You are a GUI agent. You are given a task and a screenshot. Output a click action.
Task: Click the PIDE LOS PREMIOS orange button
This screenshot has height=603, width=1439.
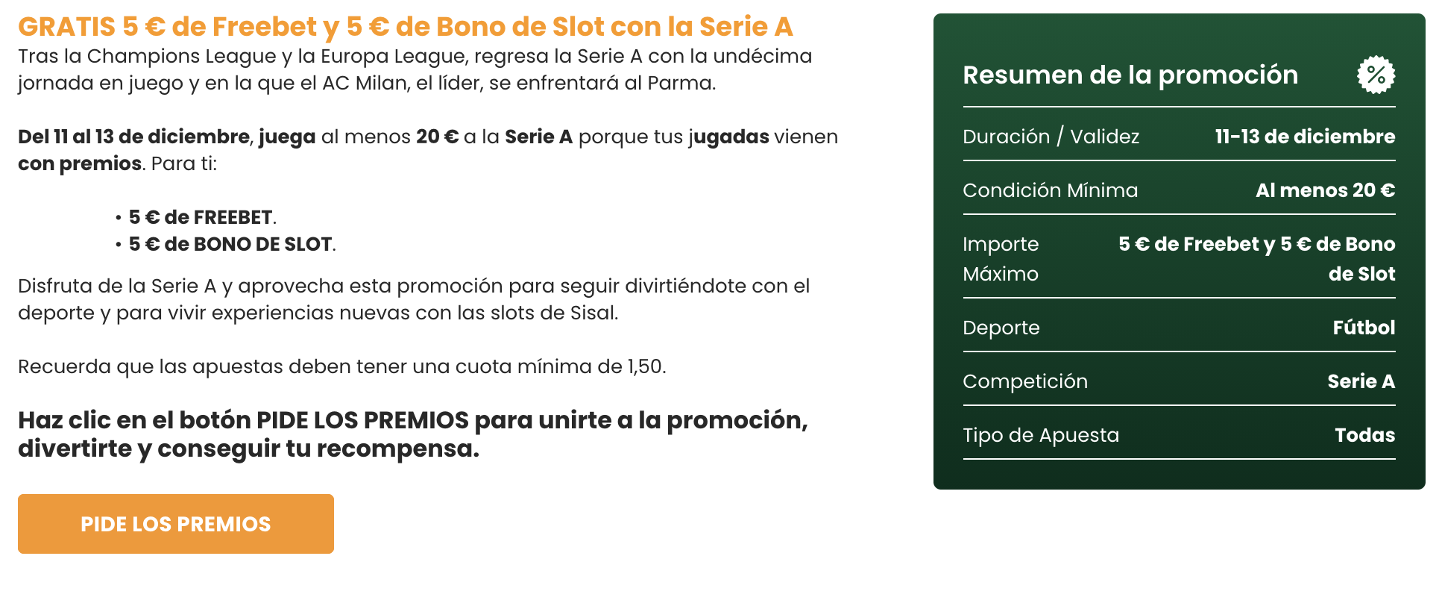coord(176,524)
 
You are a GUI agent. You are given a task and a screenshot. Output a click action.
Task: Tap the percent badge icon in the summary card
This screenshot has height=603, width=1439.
coord(1376,75)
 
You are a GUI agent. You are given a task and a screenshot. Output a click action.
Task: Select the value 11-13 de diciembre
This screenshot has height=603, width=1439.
coord(1305,137)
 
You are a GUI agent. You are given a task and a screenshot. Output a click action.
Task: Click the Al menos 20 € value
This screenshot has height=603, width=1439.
coord(1325,190)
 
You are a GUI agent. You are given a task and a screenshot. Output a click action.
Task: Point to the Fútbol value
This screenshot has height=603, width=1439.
coord(1364,328)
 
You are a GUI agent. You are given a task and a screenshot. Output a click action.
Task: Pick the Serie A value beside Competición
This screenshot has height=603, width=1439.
coord(1361,381)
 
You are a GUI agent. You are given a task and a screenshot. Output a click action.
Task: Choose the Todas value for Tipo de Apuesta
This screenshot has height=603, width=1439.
coord(1364,435)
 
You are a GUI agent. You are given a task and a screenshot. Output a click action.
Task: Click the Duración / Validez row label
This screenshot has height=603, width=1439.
coord(1051,137)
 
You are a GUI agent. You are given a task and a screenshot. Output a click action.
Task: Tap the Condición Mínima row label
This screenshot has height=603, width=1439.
coord(1050,190)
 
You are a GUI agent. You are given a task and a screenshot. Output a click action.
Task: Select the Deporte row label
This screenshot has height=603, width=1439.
coord(1001,328)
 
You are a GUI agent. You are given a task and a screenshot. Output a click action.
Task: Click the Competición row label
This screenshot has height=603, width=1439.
coord(1025,381)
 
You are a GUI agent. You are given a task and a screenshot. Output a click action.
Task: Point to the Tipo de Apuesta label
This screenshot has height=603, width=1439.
coord(1041,435)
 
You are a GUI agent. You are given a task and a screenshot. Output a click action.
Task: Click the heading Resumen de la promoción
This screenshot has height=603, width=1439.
coord(1130,75)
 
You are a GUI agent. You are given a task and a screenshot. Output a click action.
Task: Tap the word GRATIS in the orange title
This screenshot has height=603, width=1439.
coord(66,27)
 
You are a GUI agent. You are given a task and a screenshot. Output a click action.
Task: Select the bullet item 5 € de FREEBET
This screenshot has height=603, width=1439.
coord(201,217)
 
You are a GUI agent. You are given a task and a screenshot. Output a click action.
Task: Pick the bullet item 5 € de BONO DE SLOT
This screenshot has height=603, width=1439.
coord(230,244)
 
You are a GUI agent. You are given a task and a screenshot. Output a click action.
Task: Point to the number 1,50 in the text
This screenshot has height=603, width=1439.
coord(644,366)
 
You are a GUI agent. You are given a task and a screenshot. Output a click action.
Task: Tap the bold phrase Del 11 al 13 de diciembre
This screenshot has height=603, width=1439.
coord(133,137)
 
